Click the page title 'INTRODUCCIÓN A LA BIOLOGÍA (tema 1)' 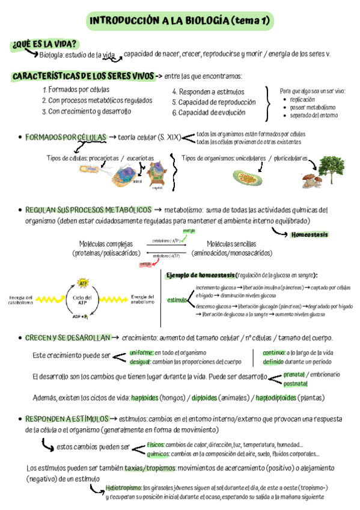point(180,22)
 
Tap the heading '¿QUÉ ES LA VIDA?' point(44,44)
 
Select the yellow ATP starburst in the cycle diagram point(84,283)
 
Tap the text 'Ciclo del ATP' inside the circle point(84,300)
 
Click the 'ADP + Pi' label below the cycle point(81,316)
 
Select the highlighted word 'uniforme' point(142,352)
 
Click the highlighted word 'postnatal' point(295,382)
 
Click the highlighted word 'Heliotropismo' point(124,488)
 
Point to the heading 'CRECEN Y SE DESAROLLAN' point(67,338)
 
